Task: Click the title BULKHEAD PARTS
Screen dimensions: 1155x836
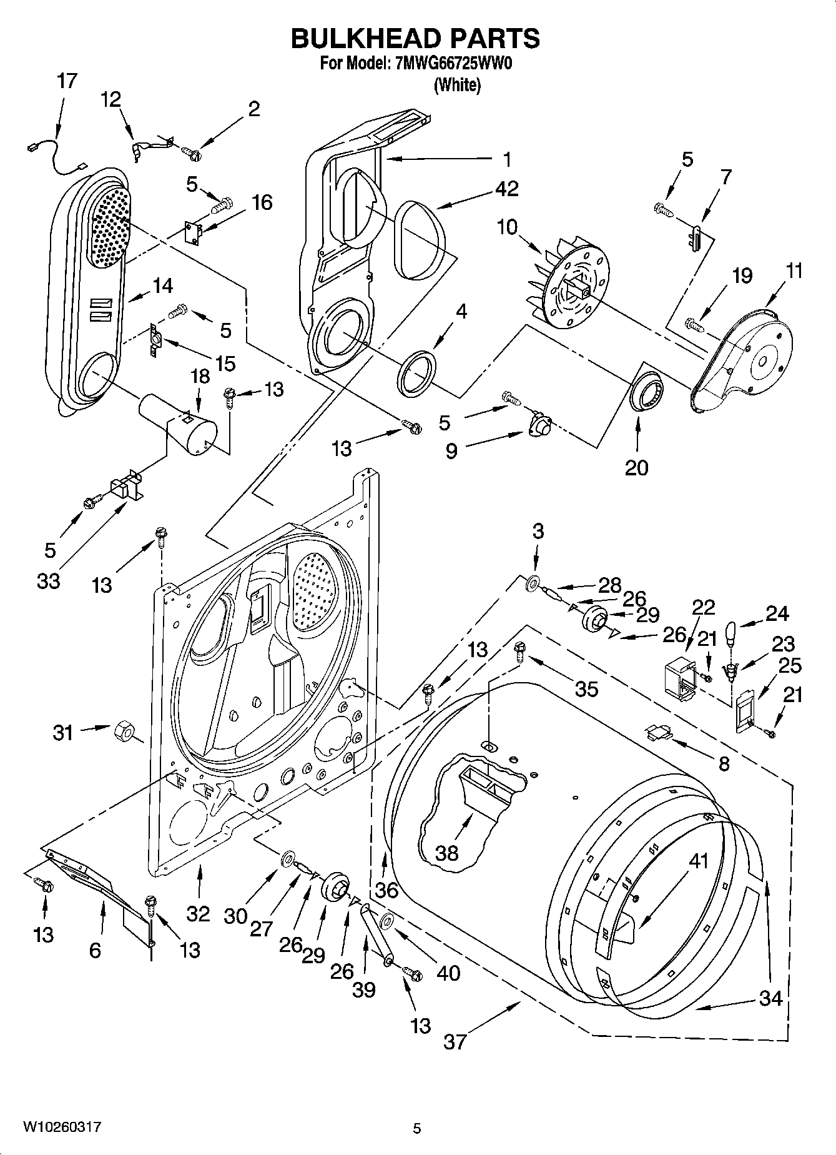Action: click(416, 39)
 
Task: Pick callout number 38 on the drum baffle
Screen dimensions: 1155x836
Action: click(447, 852)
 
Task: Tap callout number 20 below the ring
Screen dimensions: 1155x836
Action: click(637, 467)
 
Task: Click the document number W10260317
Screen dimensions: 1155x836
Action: click(62, 1128)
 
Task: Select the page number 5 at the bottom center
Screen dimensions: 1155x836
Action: click(417, 1128)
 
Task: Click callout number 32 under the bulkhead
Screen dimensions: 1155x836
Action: click(198, 913)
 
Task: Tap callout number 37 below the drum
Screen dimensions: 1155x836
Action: click(455, 1041)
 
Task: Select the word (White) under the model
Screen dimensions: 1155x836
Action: click(457, 86)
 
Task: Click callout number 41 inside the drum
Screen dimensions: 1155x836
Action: click(699, 860)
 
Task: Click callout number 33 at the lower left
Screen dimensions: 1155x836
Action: click(48, 580)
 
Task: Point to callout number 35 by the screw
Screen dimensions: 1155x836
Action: click(587, 688)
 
